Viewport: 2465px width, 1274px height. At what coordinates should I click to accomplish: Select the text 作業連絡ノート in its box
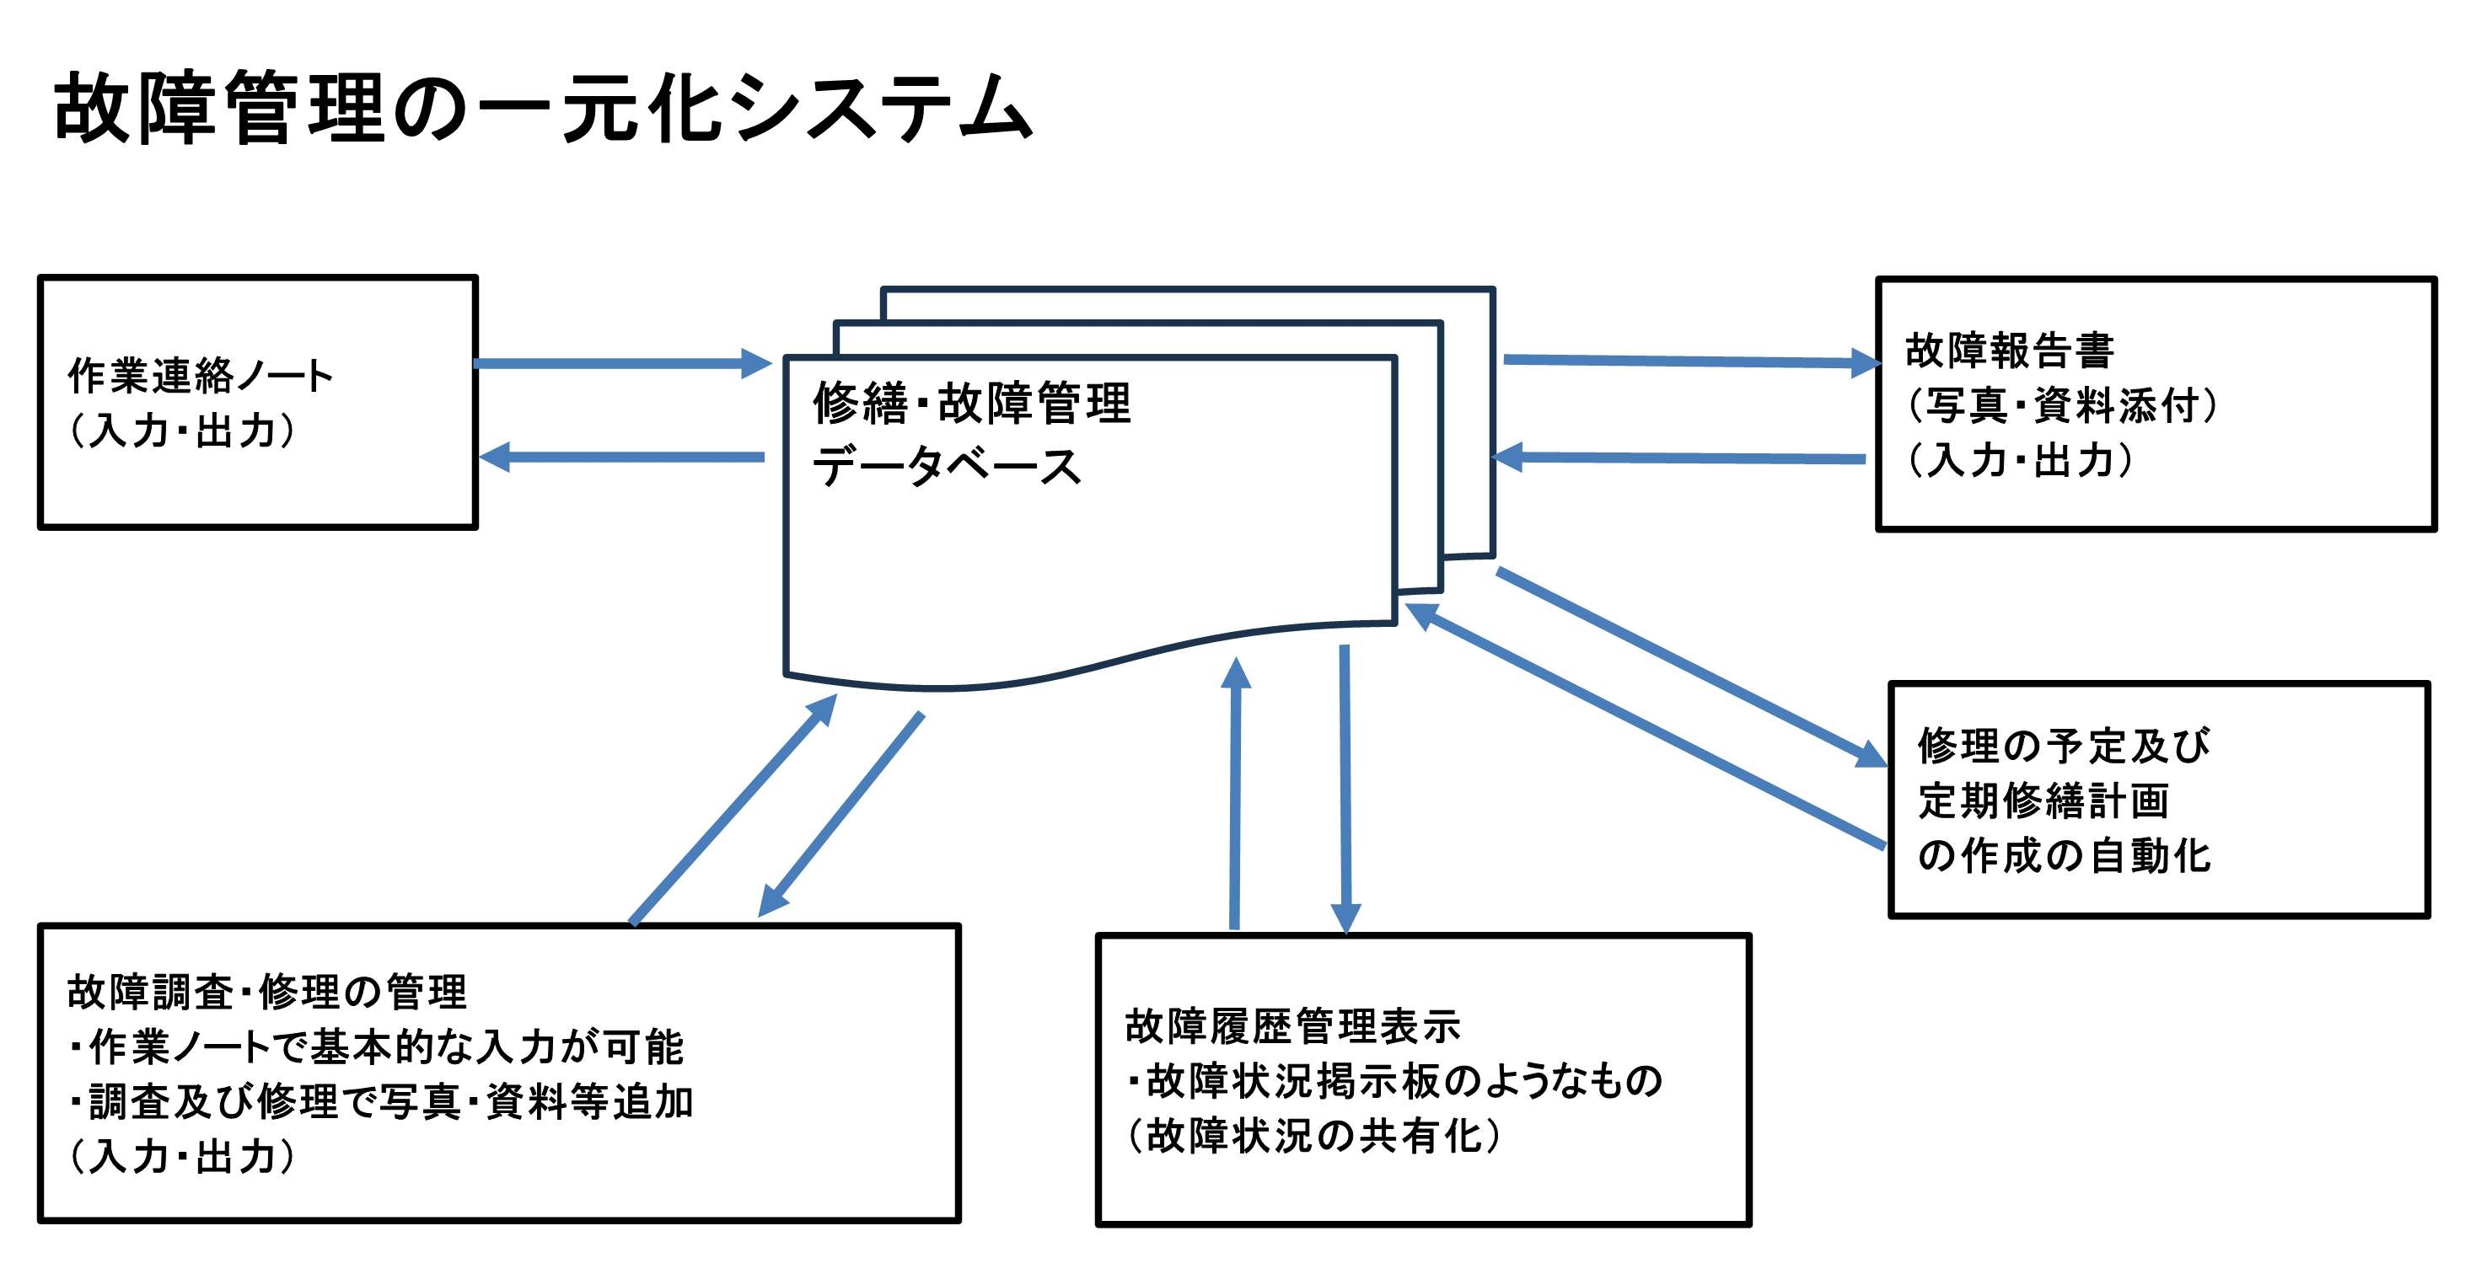pyautogui.click(x=200, y=375)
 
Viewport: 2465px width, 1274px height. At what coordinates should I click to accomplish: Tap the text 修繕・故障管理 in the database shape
pyautogui.click(x=971, y=403)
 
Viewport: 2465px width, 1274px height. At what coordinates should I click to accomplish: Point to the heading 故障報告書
pyautogui.click(x=2010, y=350)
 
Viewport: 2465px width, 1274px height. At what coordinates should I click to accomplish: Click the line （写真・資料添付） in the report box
pyautogui.click(x=2061, y=405)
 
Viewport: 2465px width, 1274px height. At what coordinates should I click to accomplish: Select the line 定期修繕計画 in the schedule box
pyautogui.click(x=2043, y=800)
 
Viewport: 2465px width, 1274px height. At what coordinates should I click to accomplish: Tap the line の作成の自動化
pyautogui.click(x=2064, y=856)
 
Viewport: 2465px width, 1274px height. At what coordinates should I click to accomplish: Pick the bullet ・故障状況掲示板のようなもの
pyautogui.click(x=1394, y=1082)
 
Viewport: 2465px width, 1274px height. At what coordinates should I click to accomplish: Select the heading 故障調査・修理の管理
pyautogui.click(x=267, y=992)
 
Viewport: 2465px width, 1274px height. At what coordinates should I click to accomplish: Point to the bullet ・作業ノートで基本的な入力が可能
pyautogui.click(x=375, y=1047)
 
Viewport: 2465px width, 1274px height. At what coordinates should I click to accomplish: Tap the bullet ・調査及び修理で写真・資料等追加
pyautogui.click(x=380, y=1103)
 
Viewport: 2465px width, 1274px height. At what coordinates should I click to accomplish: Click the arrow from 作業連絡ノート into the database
pyautogui.click(x=622, y=363)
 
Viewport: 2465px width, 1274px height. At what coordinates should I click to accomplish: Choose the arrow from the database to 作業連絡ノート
pyautogui.click(x=622, y=458)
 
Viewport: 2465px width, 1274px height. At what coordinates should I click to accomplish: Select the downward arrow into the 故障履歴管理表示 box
pyautogui.click(x=1345, y=784)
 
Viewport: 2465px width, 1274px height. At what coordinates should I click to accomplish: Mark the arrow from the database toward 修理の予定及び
pyautogui.click(x=1689, y=666)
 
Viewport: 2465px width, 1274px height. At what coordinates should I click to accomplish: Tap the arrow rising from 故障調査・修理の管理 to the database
pyautogui.click(x=732, y=809)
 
